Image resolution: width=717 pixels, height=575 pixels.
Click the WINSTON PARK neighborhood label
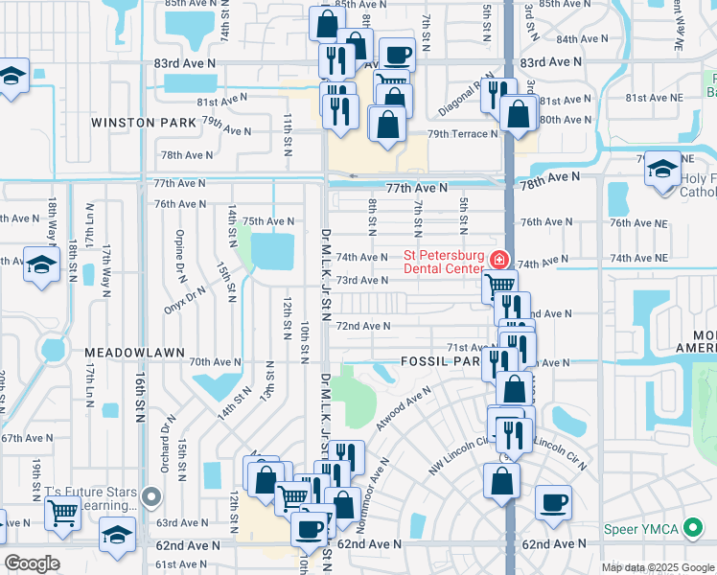(143, 123)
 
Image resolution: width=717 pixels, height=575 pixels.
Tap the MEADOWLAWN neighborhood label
(133, 353)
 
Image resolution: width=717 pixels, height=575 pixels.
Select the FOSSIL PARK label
(439, 362)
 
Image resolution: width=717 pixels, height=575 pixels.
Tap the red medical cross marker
(497, 260)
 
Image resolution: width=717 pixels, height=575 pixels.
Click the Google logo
(32, 563)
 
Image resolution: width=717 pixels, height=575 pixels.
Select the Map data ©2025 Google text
(657, 567)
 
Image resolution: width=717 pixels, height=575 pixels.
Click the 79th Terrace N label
(463, 134)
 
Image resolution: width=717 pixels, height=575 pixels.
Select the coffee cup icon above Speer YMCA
(553, 502)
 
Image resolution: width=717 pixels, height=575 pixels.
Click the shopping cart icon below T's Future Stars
(62, 512)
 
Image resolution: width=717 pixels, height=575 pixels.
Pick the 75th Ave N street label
(267, 221)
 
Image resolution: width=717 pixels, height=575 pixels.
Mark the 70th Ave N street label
(215, 362)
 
